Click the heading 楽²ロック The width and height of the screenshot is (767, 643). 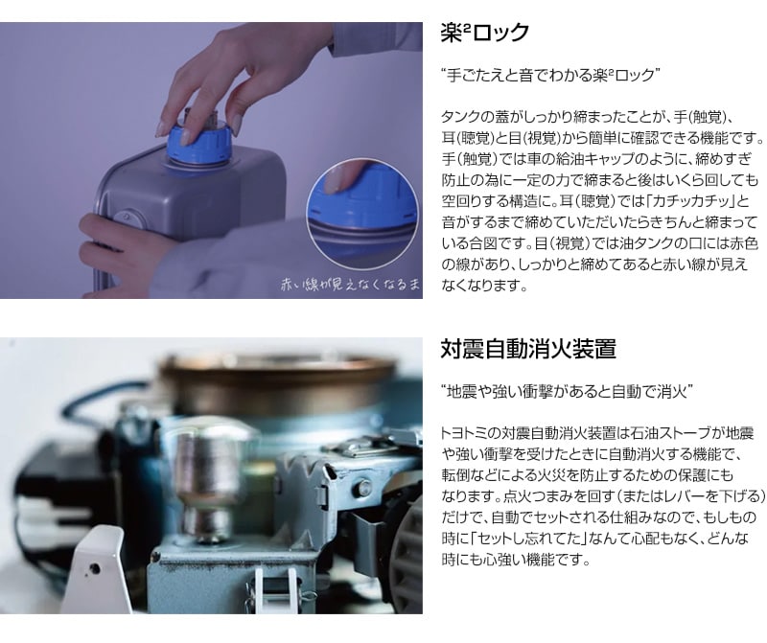(x=484, y=33)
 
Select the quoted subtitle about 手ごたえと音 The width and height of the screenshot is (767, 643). (x=551, y=73)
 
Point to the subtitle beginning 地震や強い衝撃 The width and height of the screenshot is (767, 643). (x=567, y=391)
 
